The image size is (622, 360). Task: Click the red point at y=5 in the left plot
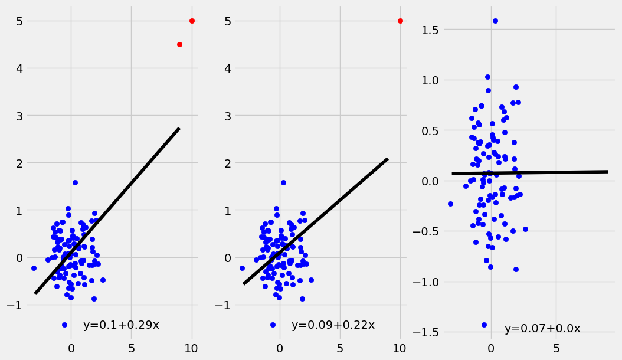[x=192, y=21]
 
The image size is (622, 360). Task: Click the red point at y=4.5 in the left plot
[x=179, y=44]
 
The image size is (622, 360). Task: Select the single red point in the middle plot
[x=400, y=21]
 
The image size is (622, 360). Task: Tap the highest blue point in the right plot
[x=495, y=21]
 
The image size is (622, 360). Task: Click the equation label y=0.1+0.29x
[x=121, y=325]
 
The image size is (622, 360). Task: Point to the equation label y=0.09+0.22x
[x=333, y=325]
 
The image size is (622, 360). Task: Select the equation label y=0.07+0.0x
[x=542, y=329]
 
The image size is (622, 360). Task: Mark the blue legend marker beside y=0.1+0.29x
[x=64, y=325]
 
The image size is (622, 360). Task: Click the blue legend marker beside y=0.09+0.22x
[x=273, y=325]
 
